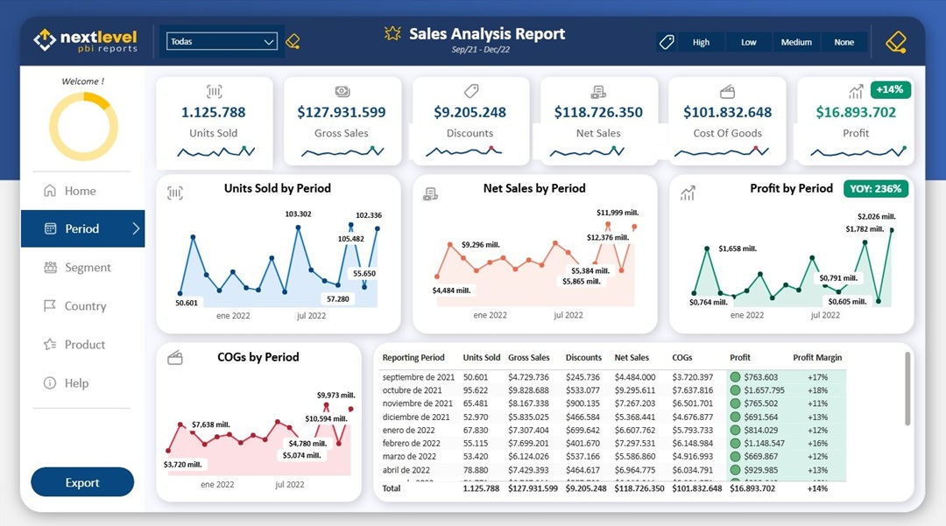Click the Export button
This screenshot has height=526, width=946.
point(82,482)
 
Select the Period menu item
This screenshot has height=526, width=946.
point(82,228)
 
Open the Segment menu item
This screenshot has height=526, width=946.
point(88,268)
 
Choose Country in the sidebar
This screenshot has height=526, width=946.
point(85,306)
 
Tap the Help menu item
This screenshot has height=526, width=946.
point(76,383)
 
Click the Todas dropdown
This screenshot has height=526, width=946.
point(222,41)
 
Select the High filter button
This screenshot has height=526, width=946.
point(701,42)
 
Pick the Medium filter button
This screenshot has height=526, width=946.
point(796,42)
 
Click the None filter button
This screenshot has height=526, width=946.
point(844,42)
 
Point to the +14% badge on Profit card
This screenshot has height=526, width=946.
point(889,89)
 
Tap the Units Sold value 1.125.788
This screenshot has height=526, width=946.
point(214,112)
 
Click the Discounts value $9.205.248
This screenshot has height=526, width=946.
point(470,112)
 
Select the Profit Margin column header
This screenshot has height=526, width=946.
point(817,357)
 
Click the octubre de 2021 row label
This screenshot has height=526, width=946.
point(412,390)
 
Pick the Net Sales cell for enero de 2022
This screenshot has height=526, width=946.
point(634,430)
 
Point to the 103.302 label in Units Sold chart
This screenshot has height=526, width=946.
point(298,214)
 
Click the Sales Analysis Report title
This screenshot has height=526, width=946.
point(487,34)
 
